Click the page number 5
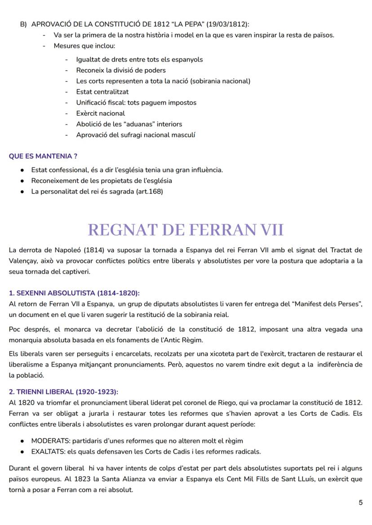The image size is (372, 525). tap(360, 503)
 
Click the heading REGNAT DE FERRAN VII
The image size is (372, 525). tap(186, 229)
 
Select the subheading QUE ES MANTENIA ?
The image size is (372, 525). tap(43, 156)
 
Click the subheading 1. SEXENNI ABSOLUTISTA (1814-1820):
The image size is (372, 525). tap(74, 293)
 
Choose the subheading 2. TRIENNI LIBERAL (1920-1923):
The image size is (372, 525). tap(63, 392)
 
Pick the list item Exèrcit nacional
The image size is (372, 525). tap(101, 113)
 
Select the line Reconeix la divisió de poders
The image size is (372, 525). tap(121, 70)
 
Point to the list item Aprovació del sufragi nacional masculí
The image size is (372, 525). tap(136, 135)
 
